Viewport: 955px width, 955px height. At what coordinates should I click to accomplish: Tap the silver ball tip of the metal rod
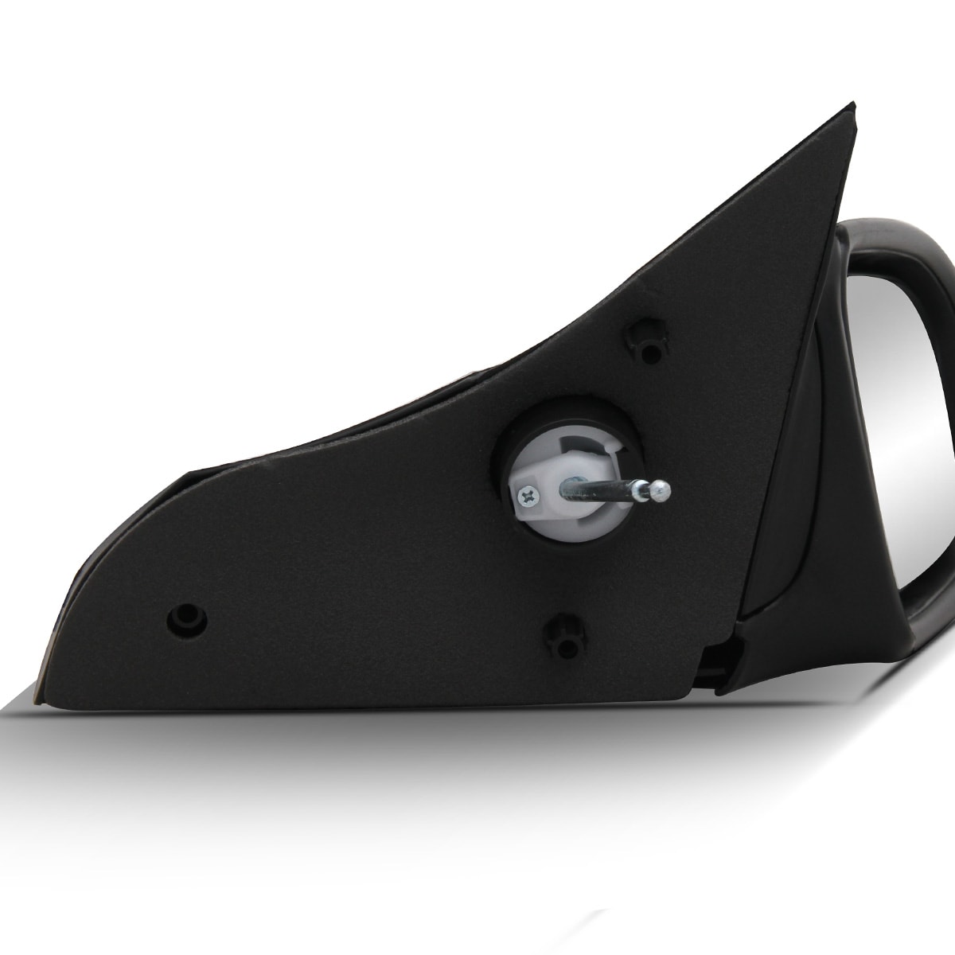(660, 491)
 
